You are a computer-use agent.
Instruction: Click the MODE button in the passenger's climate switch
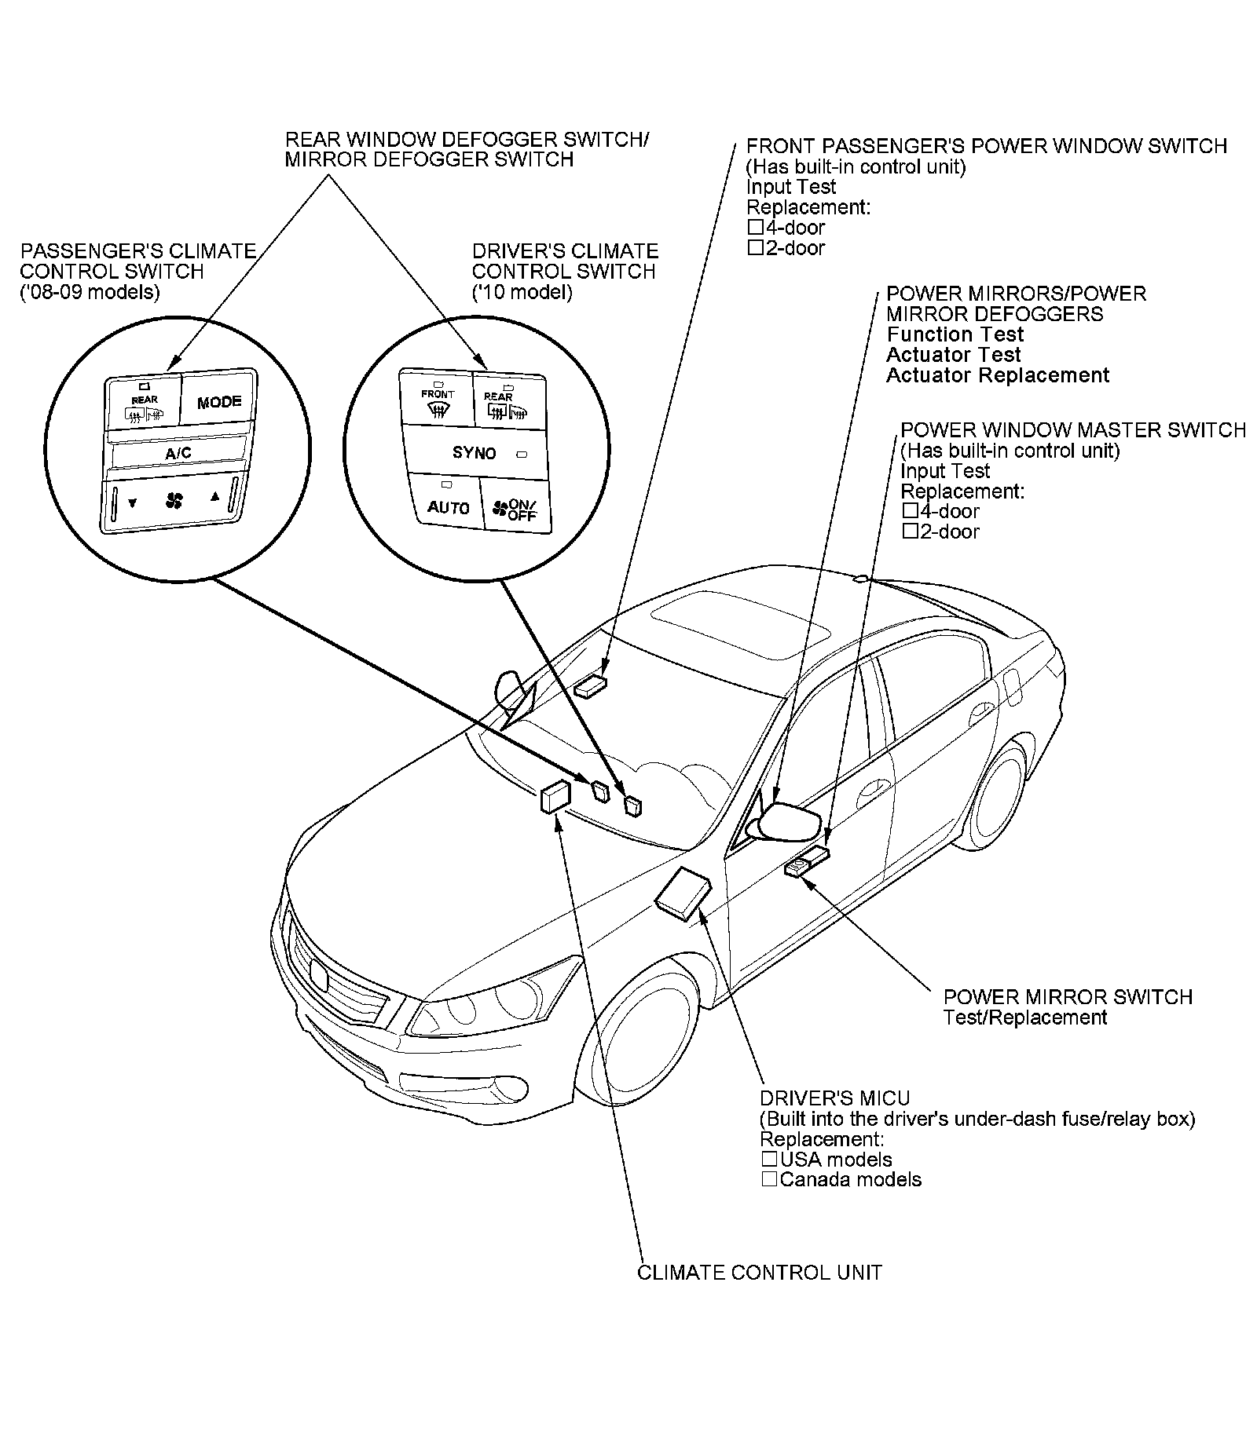point(219,402)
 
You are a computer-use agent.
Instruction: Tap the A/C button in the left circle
point(178,453)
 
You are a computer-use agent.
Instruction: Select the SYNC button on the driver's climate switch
point(474,453)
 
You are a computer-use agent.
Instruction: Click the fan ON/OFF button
point(515,510)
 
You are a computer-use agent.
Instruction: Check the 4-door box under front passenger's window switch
point(756,228)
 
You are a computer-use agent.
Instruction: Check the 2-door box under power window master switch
point(911,532)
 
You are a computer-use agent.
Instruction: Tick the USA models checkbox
point(769,1159)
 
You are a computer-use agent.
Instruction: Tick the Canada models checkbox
point(769,1178)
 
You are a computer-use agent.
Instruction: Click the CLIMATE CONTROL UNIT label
point(759,1272)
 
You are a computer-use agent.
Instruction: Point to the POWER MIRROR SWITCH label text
point(1068,997)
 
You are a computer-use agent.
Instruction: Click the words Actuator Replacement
point(998,375)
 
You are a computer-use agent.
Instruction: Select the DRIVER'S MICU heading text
point(834,1098)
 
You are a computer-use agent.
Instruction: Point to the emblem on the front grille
point(319,974)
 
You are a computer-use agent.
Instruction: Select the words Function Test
point(955,334)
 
